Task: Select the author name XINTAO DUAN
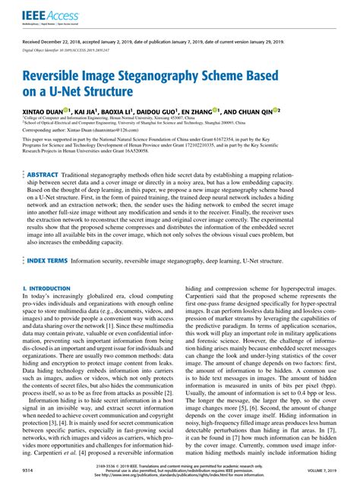46,110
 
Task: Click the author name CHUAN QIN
255,110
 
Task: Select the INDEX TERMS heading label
47,260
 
